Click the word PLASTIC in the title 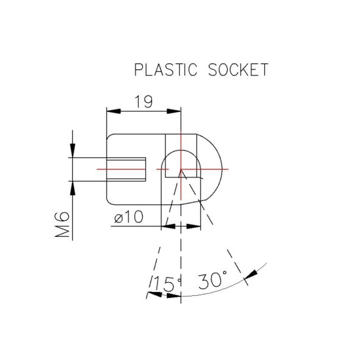coord(166,69)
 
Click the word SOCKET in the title coord(238,69)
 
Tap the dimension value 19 coord(143,101)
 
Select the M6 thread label coord(62,225)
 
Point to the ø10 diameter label coord(128,217)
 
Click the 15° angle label coord(167,284)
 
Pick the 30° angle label coord(212,280)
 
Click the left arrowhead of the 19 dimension coord(114,111)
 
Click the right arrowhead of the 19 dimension coord(174,111)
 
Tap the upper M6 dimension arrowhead coord(73,151)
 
